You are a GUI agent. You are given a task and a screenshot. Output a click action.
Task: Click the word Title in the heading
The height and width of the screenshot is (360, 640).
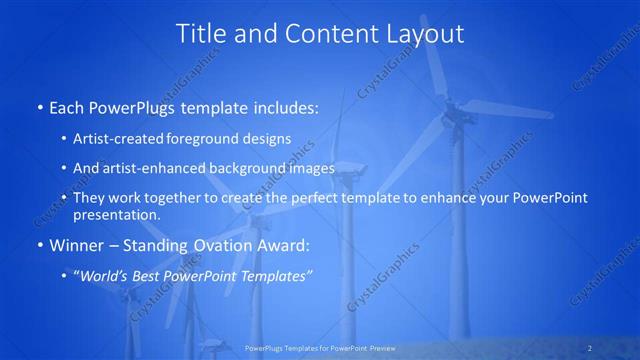pos(201,33)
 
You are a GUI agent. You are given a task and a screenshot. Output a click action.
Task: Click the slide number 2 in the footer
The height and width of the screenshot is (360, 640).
pos(590,347)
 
